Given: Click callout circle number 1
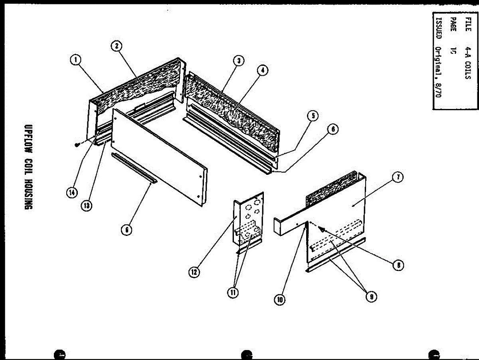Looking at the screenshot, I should tap(75, 60).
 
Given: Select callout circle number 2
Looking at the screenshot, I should tap(116, 46).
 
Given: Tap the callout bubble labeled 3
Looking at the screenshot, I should tap(238, 61).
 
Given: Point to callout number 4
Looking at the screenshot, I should tap(262, 71).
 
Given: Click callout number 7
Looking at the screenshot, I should tap(398, 178).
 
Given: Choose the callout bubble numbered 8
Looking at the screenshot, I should tap(398, 265).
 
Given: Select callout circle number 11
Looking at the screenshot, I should tap(233, 293).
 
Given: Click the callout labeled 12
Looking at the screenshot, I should tap(194, 272).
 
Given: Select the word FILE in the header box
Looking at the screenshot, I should tap(468, 24).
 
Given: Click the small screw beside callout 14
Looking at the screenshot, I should tap(77, 145).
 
